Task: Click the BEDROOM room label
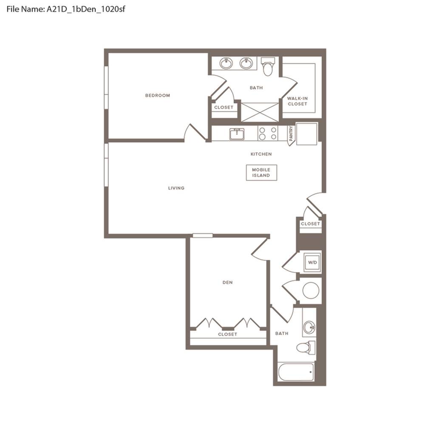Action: click(x=158, y=95)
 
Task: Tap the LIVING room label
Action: click(x=176, y=188)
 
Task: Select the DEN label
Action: click(x=227, y=283)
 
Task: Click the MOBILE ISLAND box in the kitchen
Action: click(x=261, y=173)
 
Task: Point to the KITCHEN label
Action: click(x=261, y=154)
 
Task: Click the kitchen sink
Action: click(x=237, y=134)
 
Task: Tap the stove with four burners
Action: click(x=268, y=133)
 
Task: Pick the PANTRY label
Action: click(x=291, y=133)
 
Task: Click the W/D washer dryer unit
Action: click(x=312, y=262)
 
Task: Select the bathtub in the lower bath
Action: click(x=296, y=372)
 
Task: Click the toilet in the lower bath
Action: click(x=306, y=348)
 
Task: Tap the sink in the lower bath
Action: click(x=309, y=327)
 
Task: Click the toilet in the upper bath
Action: click(x=268, y=66)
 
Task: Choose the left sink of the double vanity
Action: click(x=226, y=63)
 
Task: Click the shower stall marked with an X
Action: click(x=260, y=112)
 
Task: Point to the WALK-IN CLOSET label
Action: click(x=297, y=101)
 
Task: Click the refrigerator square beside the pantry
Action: click(x=306, y=134)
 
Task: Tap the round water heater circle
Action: click(x=311, y=291)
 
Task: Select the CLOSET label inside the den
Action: click(x=228, y=334)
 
